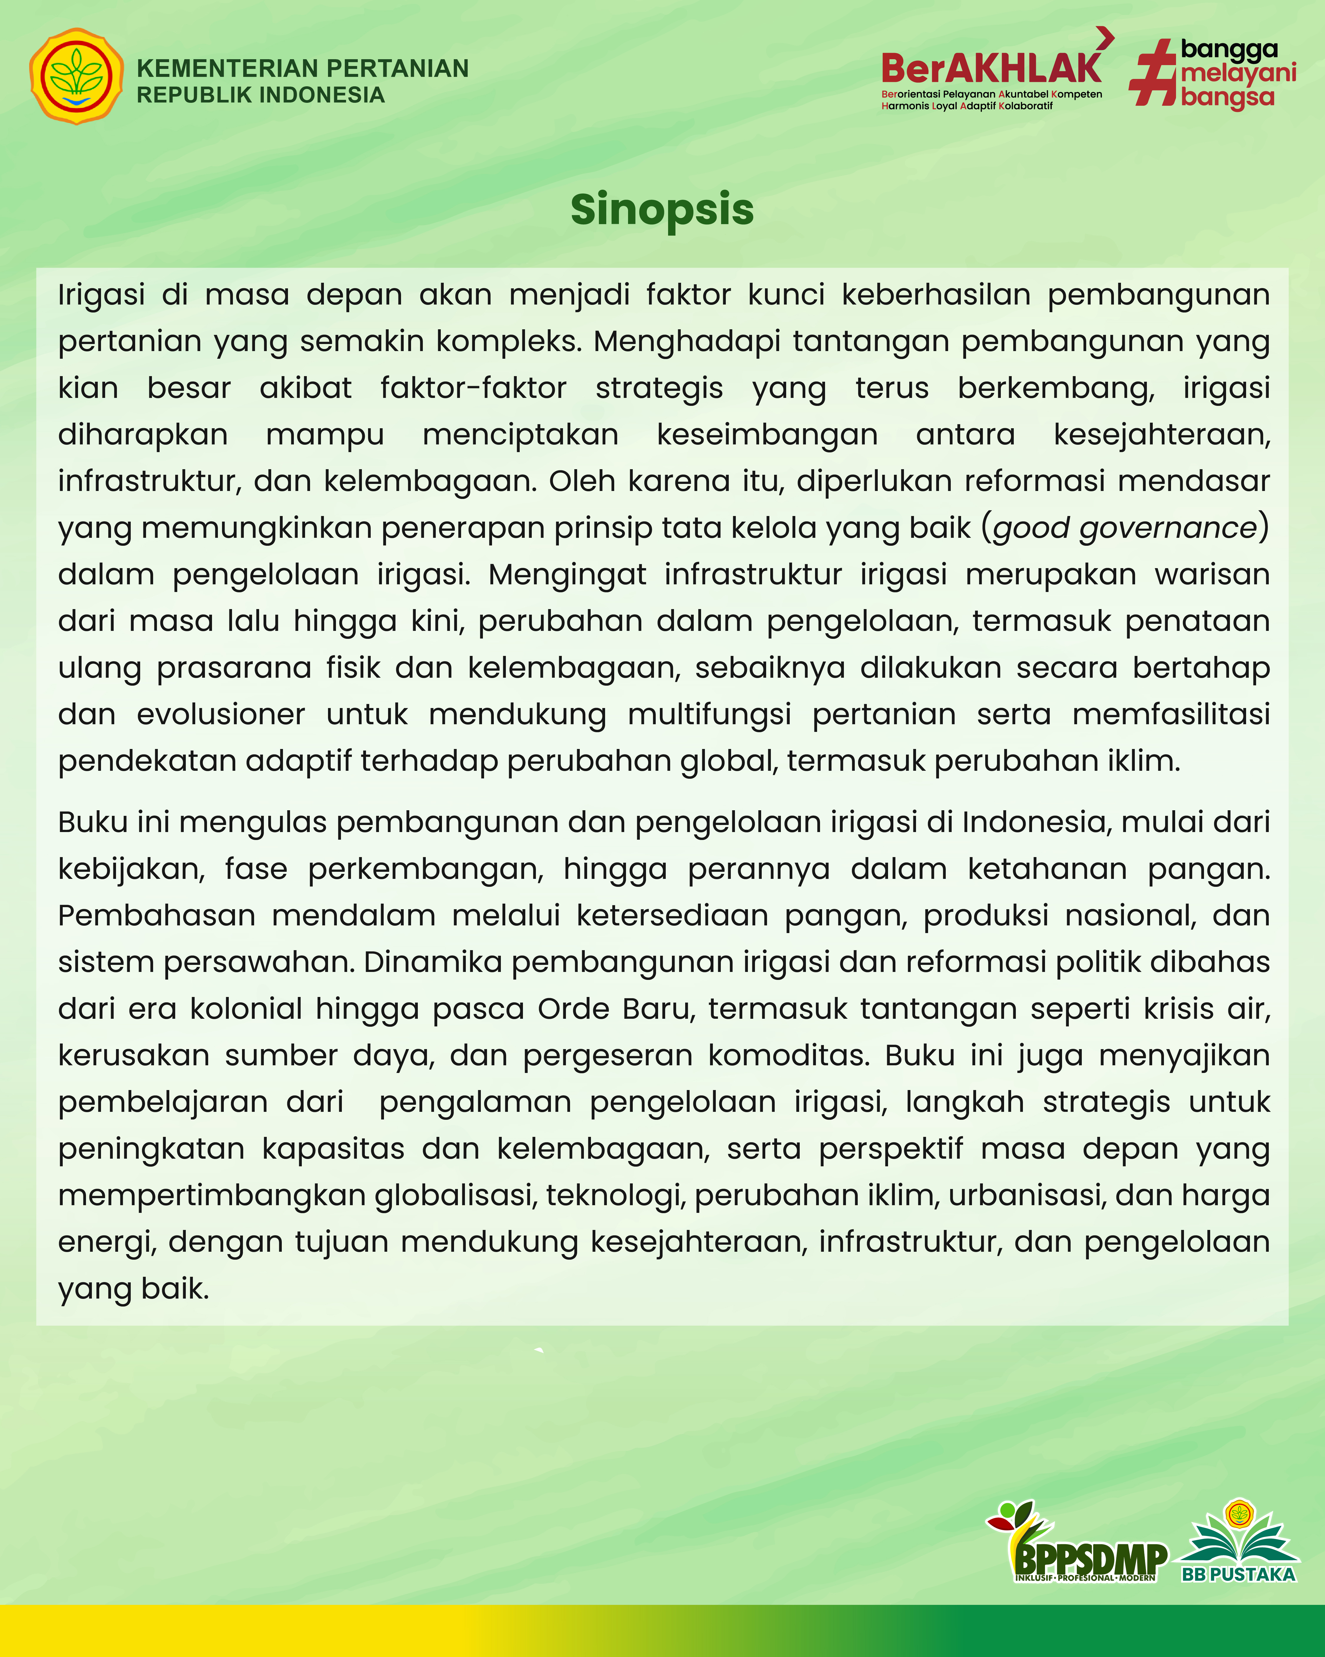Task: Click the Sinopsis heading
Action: point(662,209)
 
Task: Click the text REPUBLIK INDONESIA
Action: point(261,95)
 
